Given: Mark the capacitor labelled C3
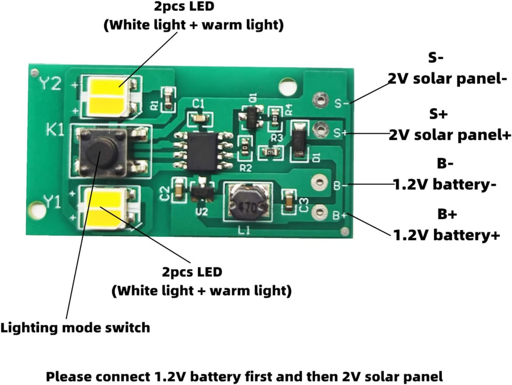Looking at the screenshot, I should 288,201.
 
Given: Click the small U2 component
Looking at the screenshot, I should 201,191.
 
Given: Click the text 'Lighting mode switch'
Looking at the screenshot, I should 75,327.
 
